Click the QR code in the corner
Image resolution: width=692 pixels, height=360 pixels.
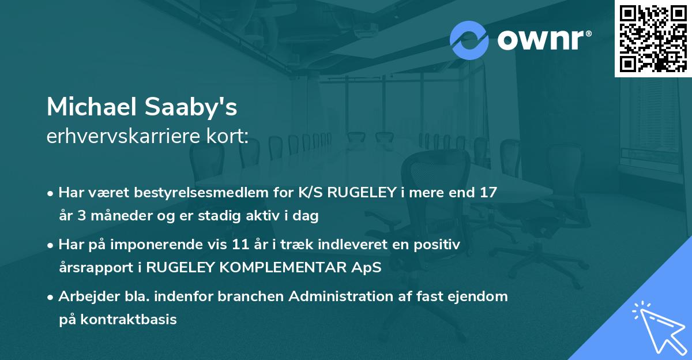pos(653,38)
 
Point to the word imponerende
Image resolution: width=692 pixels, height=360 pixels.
pos(171,245)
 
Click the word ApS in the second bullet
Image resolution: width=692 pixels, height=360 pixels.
pos(370,268)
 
